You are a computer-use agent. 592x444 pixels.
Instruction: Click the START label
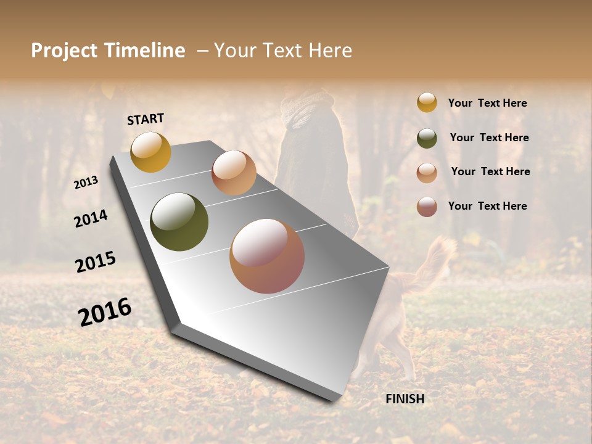(146, 119)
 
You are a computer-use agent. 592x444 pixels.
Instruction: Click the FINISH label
(405, 399)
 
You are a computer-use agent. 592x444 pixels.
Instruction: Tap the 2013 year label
(86, 182)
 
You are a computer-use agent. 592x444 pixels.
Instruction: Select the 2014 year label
(91, 218)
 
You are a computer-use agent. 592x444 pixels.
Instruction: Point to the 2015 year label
(95, 261)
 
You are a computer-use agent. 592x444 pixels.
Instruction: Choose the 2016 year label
(104, 311)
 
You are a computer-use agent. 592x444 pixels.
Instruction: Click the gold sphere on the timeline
(150, 152)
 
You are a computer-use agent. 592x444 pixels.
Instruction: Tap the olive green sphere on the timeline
(179, 222)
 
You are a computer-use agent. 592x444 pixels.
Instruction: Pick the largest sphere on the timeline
(267, 256)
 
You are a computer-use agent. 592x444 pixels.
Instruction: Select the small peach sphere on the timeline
(234, 173)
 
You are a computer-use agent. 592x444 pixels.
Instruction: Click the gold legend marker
(427, 103)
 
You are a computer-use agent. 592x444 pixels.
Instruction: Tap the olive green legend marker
(427, 138)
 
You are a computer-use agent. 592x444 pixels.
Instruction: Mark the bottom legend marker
(427, 207)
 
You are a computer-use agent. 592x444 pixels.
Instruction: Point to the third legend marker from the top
(427, 173)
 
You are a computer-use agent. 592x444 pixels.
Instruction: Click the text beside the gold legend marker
(487, 103)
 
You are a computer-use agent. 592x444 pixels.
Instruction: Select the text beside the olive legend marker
(489, 138)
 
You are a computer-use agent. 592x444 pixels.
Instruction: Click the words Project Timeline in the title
(108, 51)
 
